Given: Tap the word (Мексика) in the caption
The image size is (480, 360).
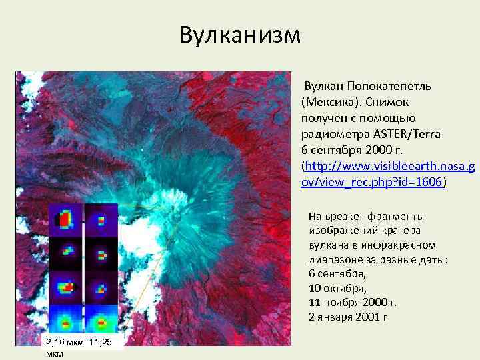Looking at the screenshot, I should click(327, 103).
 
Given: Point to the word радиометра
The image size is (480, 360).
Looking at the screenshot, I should click(334, 135).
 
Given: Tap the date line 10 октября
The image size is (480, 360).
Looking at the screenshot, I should click(337, 288).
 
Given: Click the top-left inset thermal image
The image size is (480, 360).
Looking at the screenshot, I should click(65, 219).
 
